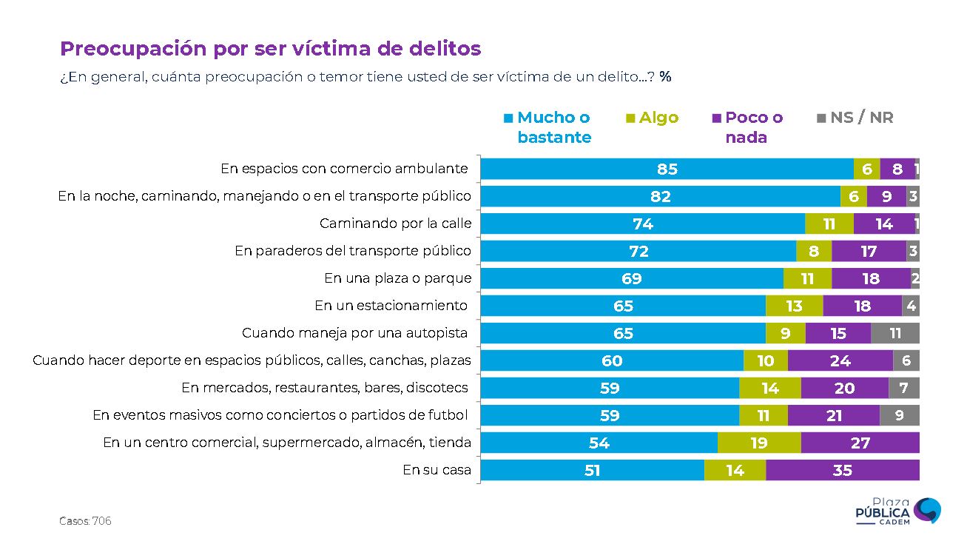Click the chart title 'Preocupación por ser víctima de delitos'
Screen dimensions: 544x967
tap(270, 49)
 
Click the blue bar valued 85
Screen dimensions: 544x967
tap(667, 169)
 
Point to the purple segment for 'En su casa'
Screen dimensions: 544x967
tap(842, 470)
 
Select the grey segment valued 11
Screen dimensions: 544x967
tap(895, 333)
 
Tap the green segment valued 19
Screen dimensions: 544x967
tap(759, 443)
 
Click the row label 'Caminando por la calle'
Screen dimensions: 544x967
tap(395, 224)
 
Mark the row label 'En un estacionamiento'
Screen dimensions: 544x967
tap(391, 306)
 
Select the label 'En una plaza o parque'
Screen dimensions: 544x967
tap(397, 278)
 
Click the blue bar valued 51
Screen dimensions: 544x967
tap(592, 470)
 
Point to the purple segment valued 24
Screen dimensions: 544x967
tap(840, 360)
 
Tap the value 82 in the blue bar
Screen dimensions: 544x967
tap(661, 196)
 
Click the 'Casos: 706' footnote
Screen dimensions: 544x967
tap(85, 521)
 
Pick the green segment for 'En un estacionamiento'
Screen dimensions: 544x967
tap(794, 306)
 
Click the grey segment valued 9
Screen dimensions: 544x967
tap(899, 415)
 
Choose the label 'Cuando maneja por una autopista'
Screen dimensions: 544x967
tap(356, 333)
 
